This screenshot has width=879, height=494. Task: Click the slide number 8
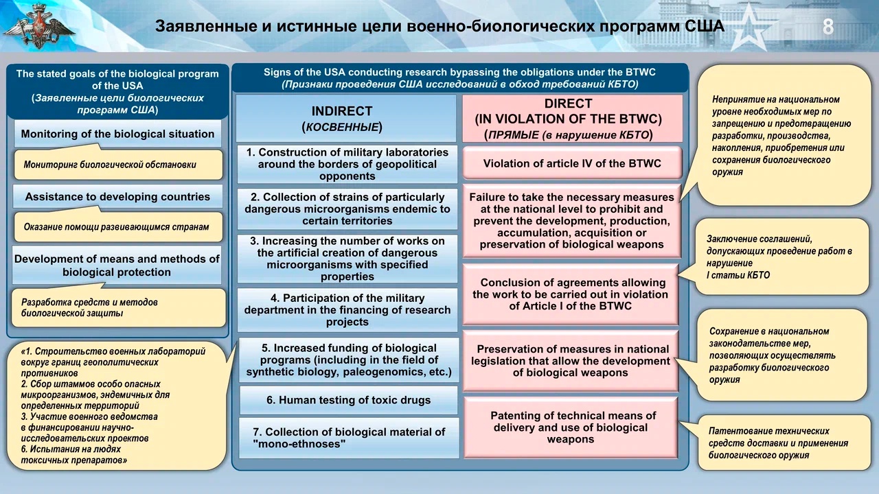tap(828, 27)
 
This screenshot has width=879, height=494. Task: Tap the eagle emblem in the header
tap(38, 26)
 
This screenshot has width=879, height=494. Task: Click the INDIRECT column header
tap(345, 119)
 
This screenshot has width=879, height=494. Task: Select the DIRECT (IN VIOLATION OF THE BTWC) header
tap(573, 119)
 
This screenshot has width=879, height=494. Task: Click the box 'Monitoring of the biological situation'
tap(117, 134)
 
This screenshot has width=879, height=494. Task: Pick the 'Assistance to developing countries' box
tap(117, 196)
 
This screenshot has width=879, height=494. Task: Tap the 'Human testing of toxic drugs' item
tap(348, 400)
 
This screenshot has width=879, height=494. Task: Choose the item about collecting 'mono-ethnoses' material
tap(348, 438)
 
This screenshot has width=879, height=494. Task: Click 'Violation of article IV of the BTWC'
tap(572, 163)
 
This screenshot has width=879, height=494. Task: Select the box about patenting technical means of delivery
tap(571, 427)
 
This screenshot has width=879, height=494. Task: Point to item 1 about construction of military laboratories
tap(347, 164)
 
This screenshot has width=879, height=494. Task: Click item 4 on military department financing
tap(347, 310)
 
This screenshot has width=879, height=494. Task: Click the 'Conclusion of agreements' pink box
tap(570, 294)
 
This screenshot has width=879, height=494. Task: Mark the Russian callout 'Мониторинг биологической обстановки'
tap(118, 165)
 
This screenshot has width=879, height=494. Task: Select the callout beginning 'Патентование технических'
tap(784, 443)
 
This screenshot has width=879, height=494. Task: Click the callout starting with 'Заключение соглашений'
tap(781, 257)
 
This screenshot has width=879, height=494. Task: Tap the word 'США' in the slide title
tap(705, 26)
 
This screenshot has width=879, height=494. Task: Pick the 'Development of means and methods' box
tap(117, 266)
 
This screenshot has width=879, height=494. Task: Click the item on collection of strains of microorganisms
tap(347, 209)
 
